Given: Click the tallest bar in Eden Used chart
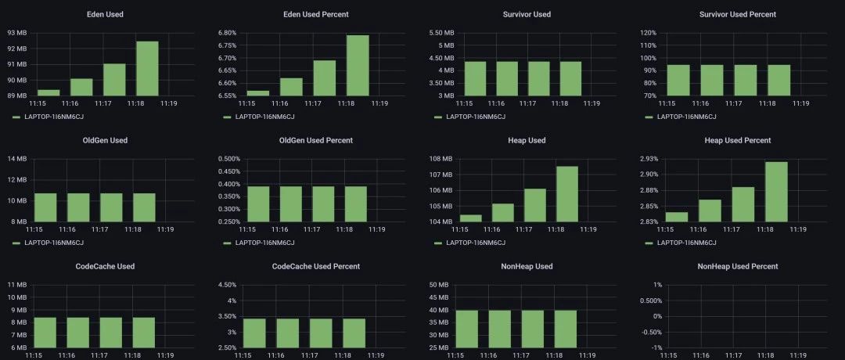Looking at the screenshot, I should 147,68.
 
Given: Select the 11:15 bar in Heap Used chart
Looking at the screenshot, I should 470,218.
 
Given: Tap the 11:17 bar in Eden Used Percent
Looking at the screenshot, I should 325,78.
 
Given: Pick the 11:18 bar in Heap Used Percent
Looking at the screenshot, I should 776,192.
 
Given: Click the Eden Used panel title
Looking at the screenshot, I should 106,15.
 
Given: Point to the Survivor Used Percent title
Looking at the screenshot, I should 738,15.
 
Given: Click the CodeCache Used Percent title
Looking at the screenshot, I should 316,267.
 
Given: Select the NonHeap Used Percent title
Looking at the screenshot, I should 738,267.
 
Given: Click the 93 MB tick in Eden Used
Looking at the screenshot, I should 16,33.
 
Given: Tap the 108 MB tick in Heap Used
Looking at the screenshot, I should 441,159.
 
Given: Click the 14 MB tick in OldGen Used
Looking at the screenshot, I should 16,159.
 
